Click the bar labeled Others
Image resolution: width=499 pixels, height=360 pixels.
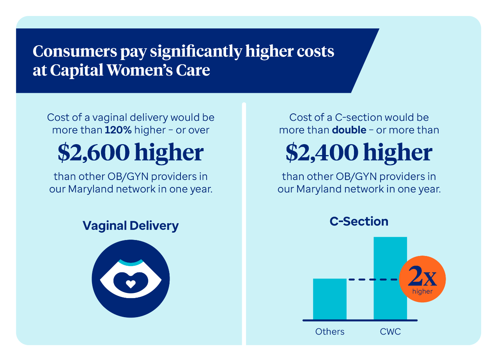click(330, 299)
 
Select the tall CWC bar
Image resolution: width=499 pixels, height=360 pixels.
click(390, 278)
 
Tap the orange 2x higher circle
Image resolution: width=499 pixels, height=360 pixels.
click(422, 279)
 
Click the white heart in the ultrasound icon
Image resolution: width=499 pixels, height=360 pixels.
click(131, 284)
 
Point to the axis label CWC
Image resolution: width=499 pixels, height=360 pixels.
click(390, 332)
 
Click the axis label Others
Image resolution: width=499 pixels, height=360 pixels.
click(330, 332)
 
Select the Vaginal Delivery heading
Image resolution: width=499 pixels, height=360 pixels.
click(131, 226)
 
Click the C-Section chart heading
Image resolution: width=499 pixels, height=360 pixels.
click(359, 222)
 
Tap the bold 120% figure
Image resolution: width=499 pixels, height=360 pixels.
click(118, 130)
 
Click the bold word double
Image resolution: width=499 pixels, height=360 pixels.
click(349, 130)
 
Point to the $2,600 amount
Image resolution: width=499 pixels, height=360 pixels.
click(94, 153)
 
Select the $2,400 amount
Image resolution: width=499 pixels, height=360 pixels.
click(322, 153)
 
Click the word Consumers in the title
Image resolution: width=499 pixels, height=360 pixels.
click(75, 51)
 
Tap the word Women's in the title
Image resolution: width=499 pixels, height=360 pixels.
click(140, 70)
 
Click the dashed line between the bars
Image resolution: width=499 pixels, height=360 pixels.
click(373, 279)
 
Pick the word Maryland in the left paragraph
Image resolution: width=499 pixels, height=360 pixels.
click(91, 189)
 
